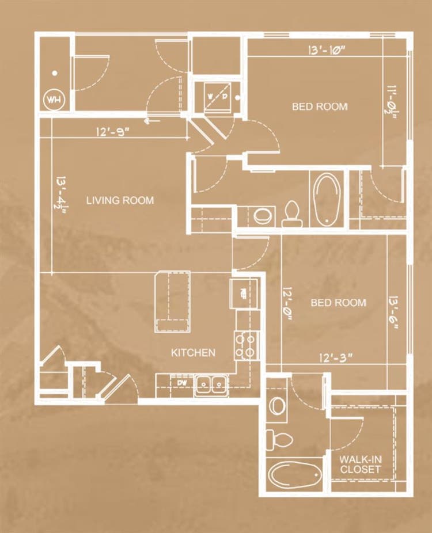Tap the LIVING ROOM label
[120, 200]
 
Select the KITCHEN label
[193, 353]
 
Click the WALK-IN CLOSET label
[361, 465]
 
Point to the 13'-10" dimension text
[327, 50]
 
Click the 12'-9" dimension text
[113, 131]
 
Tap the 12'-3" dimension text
[335, 357]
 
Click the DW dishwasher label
[183, 383]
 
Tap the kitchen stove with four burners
[246, 346]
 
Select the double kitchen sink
[211, 386]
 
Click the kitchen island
[172, 301]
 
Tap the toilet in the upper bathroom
[292, 214]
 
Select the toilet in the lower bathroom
[279, 440]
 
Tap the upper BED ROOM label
[320, 106]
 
